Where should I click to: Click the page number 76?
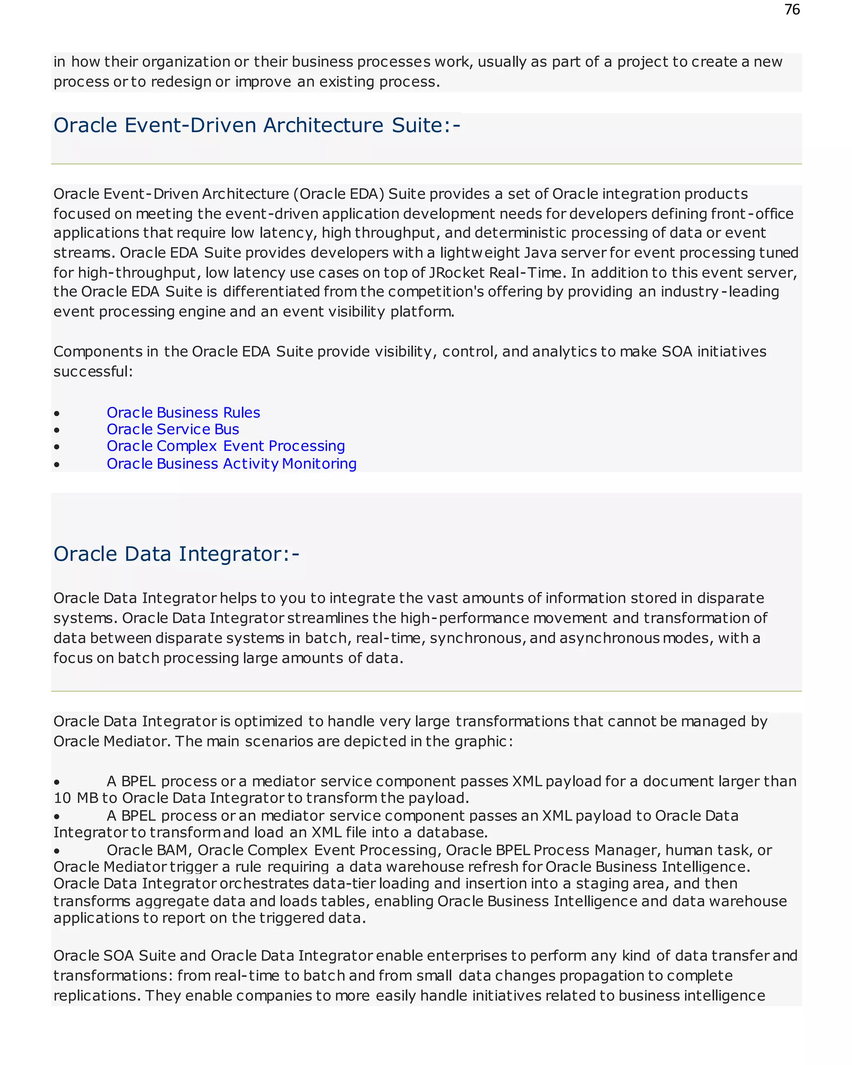[792, 10]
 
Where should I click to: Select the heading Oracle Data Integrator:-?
[176, 554]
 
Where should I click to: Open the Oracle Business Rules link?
[183, 412]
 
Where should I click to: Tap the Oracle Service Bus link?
[173, 429]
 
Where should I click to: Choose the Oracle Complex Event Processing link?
[226, 446]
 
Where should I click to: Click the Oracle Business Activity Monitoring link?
[232, 464]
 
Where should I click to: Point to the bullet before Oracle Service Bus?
[57, 430]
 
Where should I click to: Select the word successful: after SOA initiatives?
[93, 372]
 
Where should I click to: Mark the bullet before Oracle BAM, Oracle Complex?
[57, 851]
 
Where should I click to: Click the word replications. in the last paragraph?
[97, 996]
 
